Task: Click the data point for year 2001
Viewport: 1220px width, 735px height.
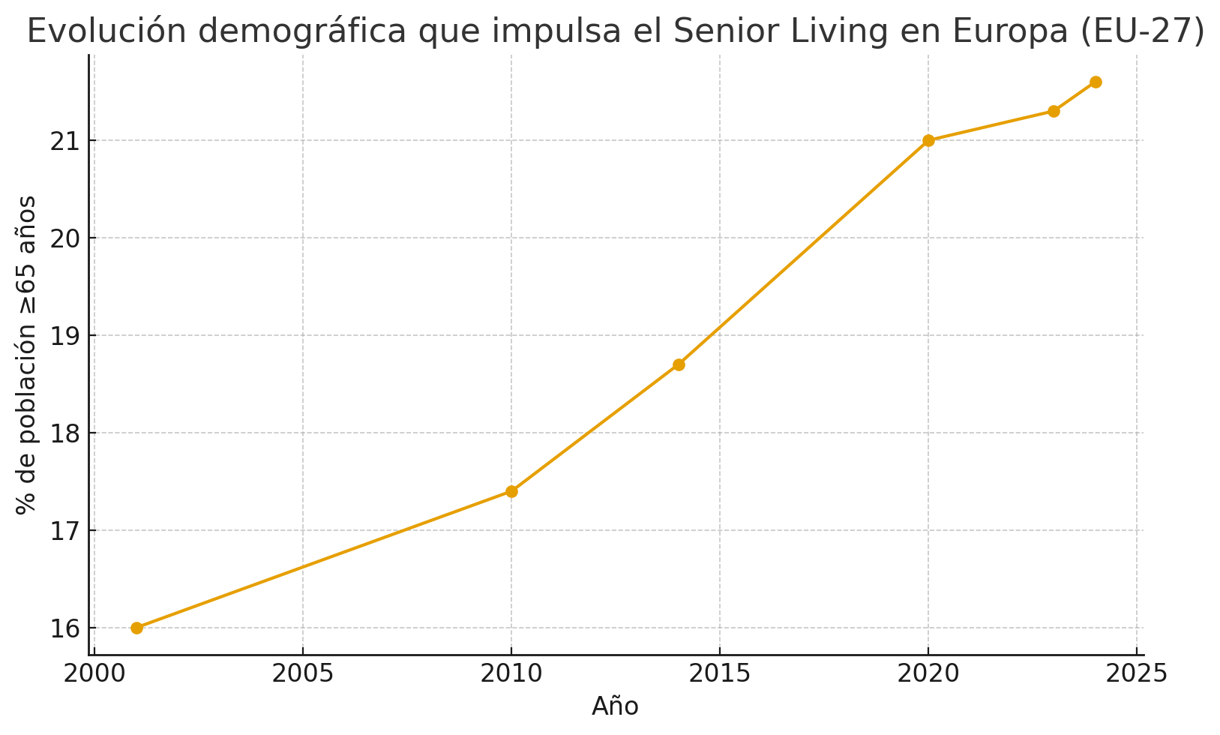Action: coord(136,628)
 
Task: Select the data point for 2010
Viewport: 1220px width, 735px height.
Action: coord(511,491)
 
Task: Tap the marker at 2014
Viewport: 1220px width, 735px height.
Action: coord(679,364)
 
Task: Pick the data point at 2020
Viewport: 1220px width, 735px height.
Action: coord(928,140)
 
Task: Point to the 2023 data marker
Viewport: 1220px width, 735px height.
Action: coord(1054,111)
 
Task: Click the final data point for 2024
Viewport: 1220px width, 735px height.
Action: coord(1096,82)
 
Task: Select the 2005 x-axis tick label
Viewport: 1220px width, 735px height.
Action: coord(303,673)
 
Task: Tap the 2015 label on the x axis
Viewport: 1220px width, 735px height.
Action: coord(720,673)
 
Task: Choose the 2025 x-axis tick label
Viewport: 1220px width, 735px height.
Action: coord(1137,673)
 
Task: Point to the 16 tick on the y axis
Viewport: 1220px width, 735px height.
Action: coord(66,628)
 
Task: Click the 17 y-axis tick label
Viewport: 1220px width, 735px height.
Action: coord(66,530)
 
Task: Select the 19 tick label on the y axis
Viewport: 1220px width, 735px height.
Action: coord(66,335)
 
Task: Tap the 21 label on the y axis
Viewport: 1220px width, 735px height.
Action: coord(66,140)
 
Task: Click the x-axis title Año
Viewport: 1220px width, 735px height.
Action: coord(615,706)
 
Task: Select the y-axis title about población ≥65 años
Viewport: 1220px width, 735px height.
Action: coord(27,354)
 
